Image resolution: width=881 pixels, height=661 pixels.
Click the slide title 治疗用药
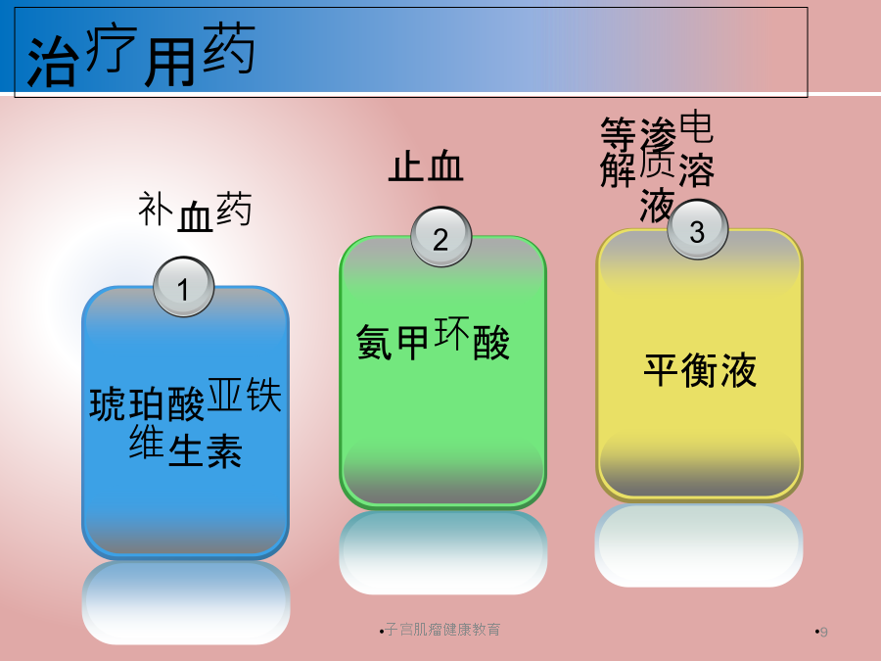coord(141,56)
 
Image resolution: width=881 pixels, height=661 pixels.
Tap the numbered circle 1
coord(184,287)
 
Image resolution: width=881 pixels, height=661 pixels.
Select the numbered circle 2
coord(441,237)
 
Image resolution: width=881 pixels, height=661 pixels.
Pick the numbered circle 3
coord(698,229)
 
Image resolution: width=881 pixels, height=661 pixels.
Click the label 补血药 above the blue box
coord(195,212)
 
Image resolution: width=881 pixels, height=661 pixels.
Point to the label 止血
coord(426,165)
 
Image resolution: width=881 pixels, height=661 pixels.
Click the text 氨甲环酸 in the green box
coord(433,339)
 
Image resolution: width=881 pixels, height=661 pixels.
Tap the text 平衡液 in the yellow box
coord(700,370)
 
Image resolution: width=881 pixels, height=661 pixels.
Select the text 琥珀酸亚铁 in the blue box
coord(185,400)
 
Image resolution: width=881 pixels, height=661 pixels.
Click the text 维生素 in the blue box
coord(185,448)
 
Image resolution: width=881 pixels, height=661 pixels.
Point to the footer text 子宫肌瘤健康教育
coord(442,630)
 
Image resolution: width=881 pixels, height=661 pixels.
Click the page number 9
coord(823,632)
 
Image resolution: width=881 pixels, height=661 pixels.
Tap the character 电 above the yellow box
coord(697,127)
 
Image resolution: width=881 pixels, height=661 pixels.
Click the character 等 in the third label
coord(618,134)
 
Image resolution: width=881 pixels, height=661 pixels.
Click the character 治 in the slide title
coord(51,62)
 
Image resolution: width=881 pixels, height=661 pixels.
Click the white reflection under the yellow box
coord(699,545)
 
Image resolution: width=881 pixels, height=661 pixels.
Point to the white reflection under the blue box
coord(186,602)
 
